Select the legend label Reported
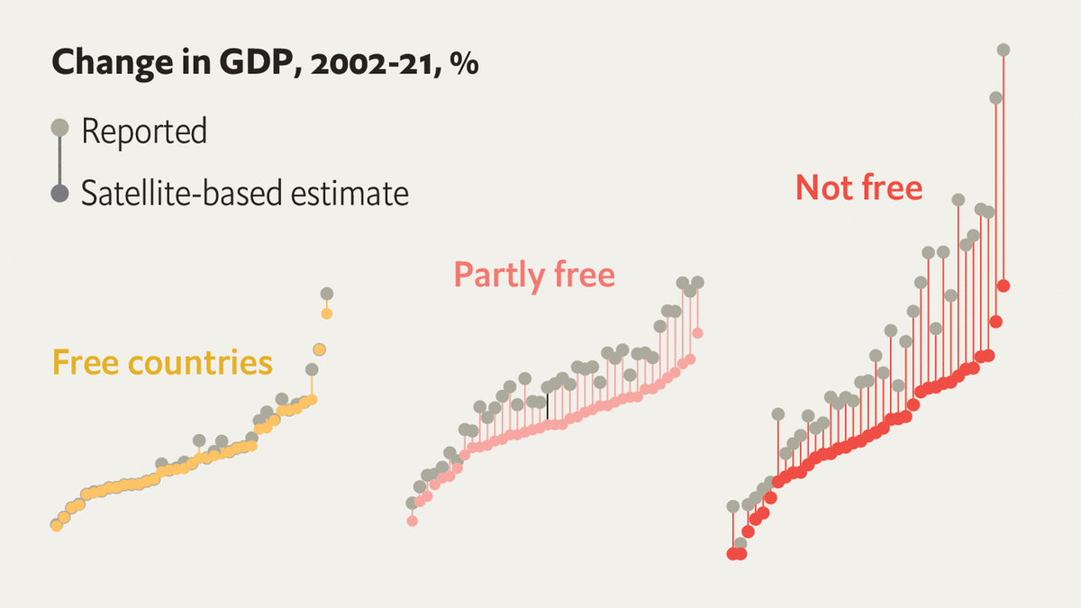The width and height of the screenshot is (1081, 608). pos(144,132)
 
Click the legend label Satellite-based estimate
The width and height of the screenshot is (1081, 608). pos(244,193)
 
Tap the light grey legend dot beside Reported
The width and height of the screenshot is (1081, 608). pos(60,128)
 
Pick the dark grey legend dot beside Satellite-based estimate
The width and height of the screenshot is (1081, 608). pos(60,193)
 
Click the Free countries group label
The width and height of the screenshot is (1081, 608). pos(162,362)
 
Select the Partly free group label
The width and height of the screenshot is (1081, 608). pos(534,274)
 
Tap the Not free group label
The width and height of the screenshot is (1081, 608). pos(859,187)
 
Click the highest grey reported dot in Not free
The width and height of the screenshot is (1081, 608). pos(1004,50)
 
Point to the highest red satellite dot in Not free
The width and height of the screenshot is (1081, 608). pos(1004,286)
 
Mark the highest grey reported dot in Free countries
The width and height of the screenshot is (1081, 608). pos(326,294)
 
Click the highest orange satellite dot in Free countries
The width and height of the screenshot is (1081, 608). pos(326,313)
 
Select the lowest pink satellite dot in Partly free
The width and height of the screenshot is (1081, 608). pos(413,521)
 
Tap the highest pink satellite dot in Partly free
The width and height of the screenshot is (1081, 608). pos(697,333)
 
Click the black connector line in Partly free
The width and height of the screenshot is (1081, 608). pos(547,407)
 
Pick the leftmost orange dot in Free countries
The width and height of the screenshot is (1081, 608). pos(56,525)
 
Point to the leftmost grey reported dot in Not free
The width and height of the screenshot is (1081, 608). pos(732,506)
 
